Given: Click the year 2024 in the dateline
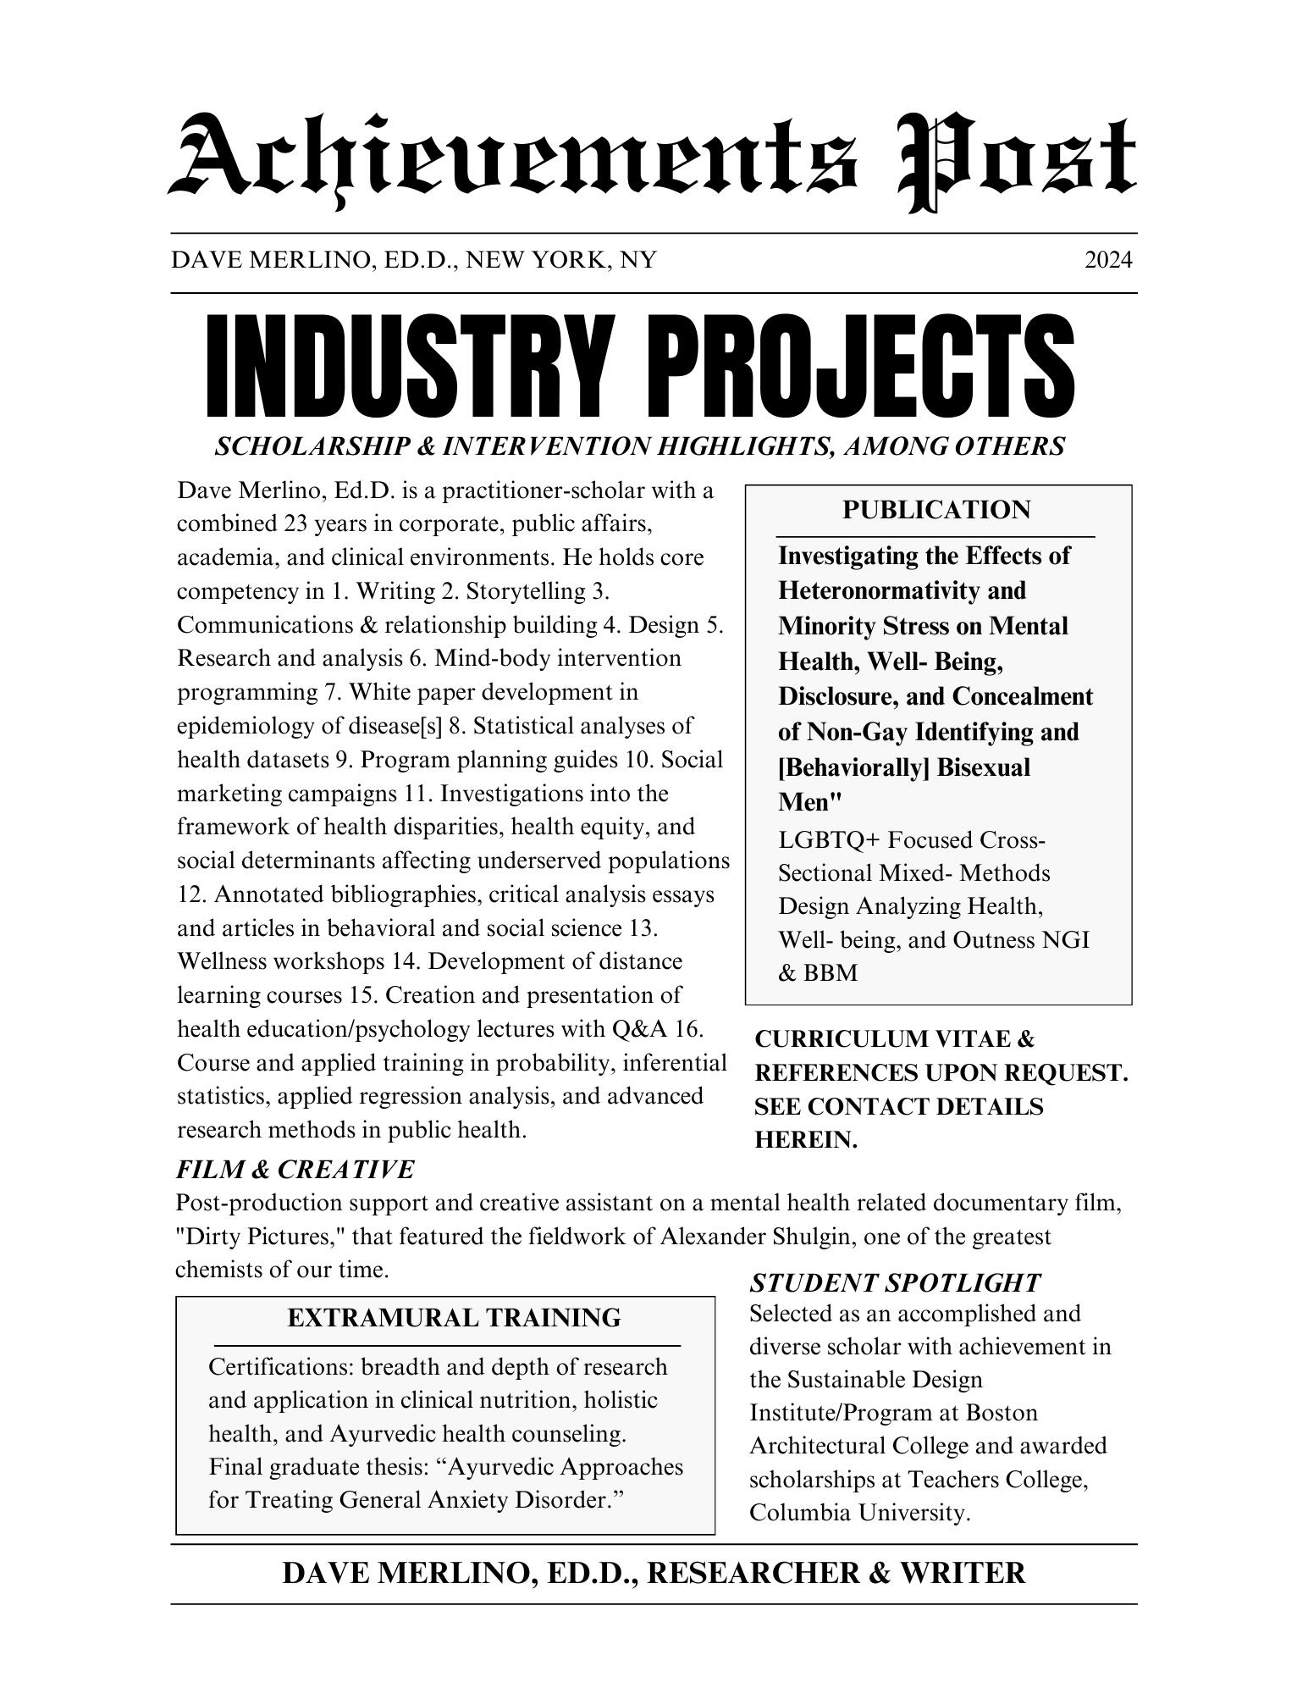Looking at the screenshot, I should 1107,260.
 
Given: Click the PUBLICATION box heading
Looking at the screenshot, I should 936,510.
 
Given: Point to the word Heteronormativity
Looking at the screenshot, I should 902,590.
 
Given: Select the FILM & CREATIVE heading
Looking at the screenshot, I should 295,1170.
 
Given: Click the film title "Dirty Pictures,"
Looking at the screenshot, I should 259,1237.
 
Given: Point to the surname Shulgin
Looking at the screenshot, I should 805,1237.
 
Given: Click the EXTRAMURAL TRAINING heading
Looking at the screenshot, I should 454,1318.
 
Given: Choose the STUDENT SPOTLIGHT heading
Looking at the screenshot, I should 895,1283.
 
